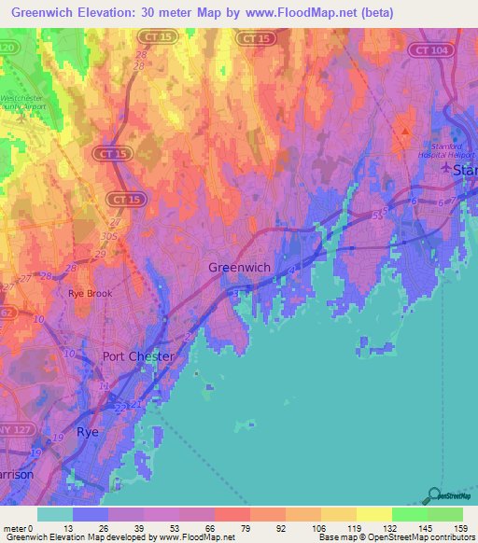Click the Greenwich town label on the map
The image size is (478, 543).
click(239, 268)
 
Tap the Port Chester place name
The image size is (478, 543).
click(137, 356)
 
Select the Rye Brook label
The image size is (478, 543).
click(89, 293)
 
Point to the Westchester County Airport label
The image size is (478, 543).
click(28, 100)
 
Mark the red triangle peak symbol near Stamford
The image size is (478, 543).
click(404, 131)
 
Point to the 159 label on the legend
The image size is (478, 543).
click(443, 527)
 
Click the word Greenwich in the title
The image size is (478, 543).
click(47, 13)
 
